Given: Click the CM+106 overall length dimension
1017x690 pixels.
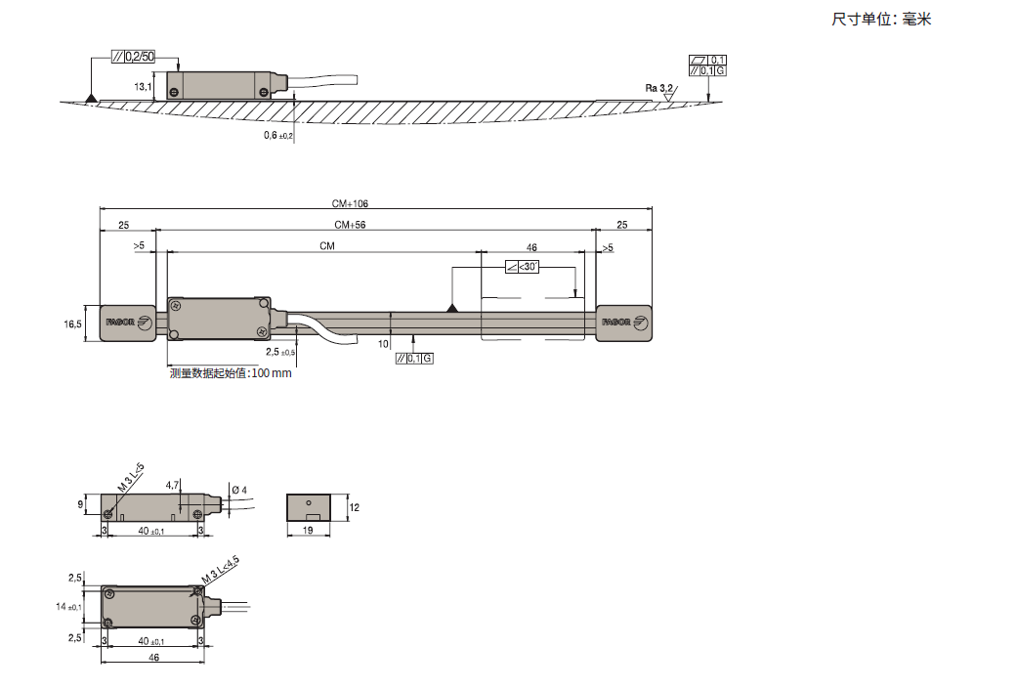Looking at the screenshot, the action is point(350,203).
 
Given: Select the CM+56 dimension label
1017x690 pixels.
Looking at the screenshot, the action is point(350,225).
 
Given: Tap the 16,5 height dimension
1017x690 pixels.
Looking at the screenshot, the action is point(72,323).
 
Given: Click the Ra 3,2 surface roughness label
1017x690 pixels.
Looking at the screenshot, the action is point(659,88).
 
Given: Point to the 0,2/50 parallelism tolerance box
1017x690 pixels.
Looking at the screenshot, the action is point(133,57).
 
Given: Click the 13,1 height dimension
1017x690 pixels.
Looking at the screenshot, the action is point(143,86).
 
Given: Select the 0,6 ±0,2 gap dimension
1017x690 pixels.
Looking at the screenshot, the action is point(278,135).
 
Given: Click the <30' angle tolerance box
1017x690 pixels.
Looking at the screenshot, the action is point(522,267).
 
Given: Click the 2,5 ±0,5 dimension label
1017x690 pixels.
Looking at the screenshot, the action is point(280,352).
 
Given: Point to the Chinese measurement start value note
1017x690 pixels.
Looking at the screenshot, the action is point(231,373).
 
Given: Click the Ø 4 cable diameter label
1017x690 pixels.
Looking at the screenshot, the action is point(239,490).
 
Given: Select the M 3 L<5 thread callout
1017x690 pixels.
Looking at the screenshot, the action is point(130,478).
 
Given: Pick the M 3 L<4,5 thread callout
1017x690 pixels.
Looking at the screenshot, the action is point(220,570).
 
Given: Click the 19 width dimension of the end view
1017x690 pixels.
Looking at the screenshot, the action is point(308,531).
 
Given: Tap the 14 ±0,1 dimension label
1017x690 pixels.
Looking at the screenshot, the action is point(68,606).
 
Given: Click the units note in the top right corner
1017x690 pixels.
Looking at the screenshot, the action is point(881,19).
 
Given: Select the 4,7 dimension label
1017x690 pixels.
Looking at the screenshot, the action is point(173,485).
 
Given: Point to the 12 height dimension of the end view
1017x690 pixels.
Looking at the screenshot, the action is point(354,507).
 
